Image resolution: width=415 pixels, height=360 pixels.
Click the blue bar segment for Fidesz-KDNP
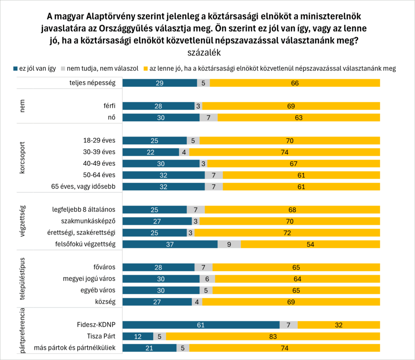pos(201,325)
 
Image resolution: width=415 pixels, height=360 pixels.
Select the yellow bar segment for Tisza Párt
pos(273,336)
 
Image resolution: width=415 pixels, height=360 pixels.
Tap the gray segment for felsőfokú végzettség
pos(229,244)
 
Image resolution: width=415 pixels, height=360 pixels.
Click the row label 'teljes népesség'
pos(92,83)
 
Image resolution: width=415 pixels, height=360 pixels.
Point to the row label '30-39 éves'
pos(99,152)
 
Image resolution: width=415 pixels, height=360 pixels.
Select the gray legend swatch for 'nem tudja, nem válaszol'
pos(63,68)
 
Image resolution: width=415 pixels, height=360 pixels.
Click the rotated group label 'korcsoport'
pos(23,158)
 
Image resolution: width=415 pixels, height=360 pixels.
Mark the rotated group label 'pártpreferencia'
pos(23,330)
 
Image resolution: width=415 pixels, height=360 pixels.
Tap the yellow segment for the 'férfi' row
pos(291,106)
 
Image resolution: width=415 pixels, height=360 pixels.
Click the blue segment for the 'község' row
pos(157,302)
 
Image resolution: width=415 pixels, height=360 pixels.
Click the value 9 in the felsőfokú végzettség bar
pos(229,244)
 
